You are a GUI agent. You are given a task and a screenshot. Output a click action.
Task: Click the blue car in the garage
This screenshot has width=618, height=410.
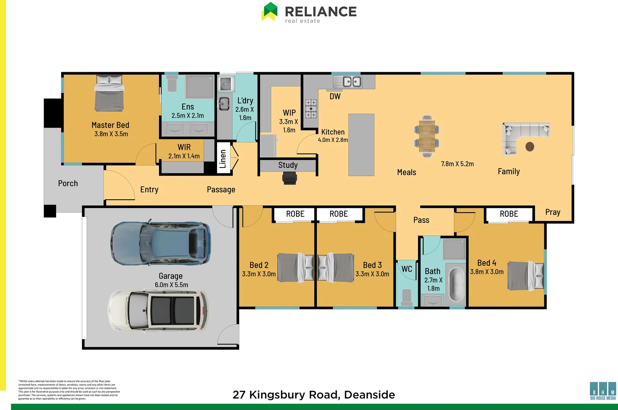click(x=161, y=243)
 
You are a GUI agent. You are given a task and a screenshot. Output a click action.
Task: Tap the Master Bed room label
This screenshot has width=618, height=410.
click(x=110, y=125)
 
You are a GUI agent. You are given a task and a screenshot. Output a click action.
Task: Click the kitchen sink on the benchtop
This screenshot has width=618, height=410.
click(x=352, y=82)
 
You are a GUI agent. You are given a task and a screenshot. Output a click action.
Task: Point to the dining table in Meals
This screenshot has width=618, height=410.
click(x=427, y=136)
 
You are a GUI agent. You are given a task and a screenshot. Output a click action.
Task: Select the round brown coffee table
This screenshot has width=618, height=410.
click(x=530, y=147)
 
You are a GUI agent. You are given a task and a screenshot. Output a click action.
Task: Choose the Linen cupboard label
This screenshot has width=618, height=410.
click(x=223, y=158)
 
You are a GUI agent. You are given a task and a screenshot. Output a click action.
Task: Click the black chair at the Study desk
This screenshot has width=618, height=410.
click(x=290, y=178)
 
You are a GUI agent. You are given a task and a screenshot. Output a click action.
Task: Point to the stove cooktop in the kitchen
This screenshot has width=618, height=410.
click(x=311, y=109)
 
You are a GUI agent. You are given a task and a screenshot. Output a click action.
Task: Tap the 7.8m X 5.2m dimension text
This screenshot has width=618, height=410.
click(x=457, y=164)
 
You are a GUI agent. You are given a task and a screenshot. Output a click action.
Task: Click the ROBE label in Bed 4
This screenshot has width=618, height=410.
click(x=509, y=214)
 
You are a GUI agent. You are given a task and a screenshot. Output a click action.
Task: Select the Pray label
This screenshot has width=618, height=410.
click(x=552, y=212)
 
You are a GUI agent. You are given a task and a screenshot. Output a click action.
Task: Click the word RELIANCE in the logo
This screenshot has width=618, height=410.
click(x=320, y=11)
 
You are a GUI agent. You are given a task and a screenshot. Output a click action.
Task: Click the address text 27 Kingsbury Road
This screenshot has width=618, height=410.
click(x=314, y=394)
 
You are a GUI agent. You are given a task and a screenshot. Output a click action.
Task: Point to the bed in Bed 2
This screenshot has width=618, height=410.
click(x=295, y=267)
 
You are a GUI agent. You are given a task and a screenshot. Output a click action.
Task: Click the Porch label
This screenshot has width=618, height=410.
click(x=68, y=183)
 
